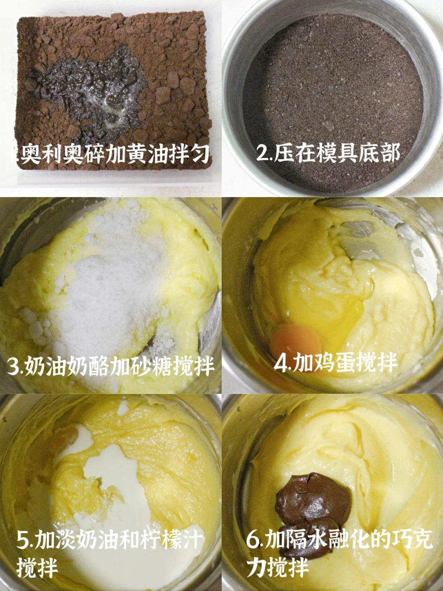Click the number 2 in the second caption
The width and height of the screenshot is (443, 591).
(x=263, y=154)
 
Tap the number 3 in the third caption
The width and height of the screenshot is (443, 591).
(x=12, y=366)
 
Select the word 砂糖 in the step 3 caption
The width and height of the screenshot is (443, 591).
(x=152, y=366)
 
